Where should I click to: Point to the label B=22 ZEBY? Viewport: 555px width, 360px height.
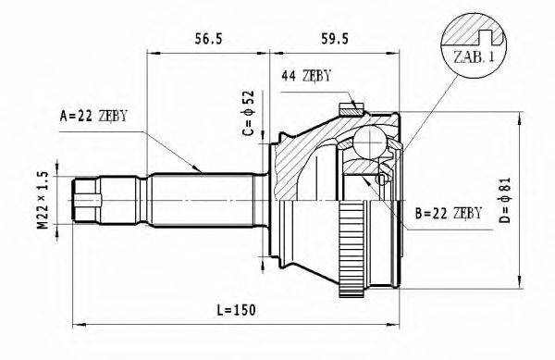[x=449, y=214]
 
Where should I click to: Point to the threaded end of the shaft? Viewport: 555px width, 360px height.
[x=87, y=196]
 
